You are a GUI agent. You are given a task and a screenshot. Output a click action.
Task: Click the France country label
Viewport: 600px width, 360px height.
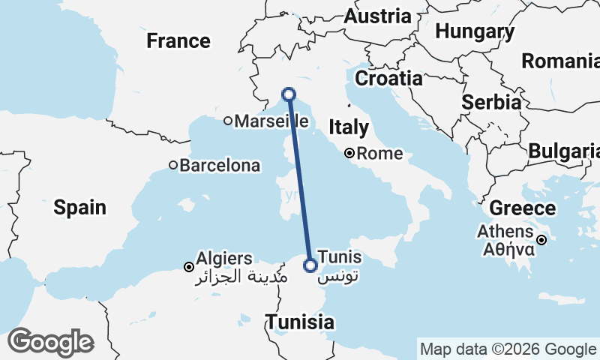point(178,40)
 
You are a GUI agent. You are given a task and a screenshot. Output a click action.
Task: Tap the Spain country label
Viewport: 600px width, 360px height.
point(79,207)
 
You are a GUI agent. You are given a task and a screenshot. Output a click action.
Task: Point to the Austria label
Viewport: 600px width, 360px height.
point(378,16)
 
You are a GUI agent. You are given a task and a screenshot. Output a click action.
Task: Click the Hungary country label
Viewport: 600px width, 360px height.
point(475,32)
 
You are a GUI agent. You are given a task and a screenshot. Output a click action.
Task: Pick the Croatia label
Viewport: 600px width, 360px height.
point(388,78)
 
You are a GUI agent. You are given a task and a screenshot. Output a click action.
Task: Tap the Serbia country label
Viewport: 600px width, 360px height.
point(492,102)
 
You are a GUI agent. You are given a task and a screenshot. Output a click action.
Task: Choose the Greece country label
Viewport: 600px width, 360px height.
point(523,208)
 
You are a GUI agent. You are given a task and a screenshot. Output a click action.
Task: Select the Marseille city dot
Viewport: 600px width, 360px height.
point(229,121)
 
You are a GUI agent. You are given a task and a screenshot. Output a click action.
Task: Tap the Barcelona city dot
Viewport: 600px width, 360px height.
point(172,165)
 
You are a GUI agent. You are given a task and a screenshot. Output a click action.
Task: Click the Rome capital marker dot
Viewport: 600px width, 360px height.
point(349,154)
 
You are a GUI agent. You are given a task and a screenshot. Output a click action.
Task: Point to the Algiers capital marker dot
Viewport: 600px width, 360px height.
point(189,266)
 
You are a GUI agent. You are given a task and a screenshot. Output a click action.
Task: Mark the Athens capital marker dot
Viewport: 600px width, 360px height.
point(541,240)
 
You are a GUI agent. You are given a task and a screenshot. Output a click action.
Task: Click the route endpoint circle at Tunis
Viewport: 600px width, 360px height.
point(310,265)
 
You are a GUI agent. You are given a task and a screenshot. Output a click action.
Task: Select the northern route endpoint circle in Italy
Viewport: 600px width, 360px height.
point(289,94)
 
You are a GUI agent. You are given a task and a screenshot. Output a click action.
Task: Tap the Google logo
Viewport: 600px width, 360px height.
point(50,343)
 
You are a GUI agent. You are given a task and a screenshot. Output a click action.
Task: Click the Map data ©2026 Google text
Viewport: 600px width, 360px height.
point(507,349)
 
